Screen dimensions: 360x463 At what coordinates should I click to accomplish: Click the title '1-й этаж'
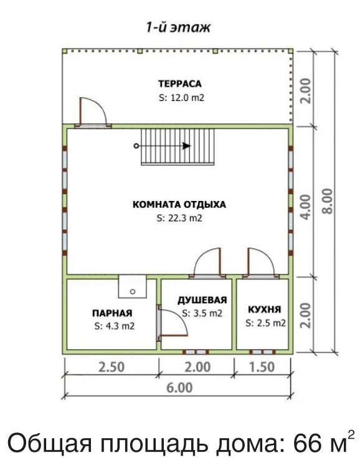[x=179, y=27]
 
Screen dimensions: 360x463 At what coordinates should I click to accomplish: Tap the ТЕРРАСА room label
[x=180, y=83]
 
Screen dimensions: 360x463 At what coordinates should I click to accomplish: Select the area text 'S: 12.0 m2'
[x=181, y=98]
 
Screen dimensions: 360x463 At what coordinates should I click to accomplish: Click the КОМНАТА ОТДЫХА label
[x=179, y=204]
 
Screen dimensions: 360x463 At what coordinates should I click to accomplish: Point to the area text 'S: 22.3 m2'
[x=179, y=218]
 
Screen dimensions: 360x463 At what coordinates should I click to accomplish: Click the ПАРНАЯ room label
[x=112, y=313]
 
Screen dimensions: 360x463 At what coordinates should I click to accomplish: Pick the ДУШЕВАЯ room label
[x=202, y=300]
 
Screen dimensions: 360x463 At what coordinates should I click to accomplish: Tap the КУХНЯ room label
[x=264, y=309]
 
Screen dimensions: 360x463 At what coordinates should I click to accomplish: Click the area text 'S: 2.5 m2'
[x=265, y=323]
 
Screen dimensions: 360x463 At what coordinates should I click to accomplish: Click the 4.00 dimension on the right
[x=305, y=207]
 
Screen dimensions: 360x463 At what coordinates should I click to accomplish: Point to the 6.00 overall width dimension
[x=179, y=388]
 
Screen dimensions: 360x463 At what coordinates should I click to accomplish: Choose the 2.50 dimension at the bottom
[x=111, y=367]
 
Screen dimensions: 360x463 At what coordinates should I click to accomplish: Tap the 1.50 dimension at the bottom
[x=262, y=367]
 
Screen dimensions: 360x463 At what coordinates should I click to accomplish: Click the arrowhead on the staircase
[x=186, y=146]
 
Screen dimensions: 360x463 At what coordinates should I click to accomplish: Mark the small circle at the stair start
[x=136, y=146]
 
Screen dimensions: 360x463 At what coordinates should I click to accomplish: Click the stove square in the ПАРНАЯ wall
[x=133, y=286]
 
